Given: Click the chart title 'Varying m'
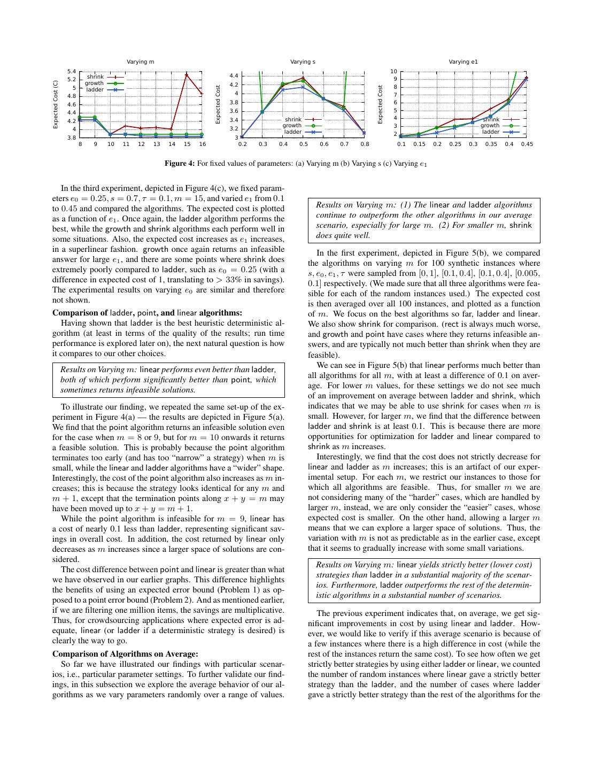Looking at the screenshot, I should (140, 62).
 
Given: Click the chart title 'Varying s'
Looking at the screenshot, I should (303, 62).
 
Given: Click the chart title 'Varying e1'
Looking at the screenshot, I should (463, 62).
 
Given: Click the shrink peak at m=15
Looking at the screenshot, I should (187, 75).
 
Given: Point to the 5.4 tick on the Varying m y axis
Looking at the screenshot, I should (72, 72).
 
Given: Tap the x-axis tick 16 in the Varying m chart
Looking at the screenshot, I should (202, 144).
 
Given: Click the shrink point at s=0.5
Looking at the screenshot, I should (303, 77).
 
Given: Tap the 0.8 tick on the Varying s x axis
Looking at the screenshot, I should (365, 144).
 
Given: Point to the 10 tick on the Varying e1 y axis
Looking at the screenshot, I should (393, 72).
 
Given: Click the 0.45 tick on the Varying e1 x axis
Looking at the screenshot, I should (527, 144).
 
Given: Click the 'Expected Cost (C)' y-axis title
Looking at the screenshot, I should (56, 105).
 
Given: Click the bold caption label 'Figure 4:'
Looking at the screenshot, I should (179, 164).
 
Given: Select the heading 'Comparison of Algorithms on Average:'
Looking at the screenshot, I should (125, 653).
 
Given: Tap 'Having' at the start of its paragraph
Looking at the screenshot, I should (72, 323).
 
